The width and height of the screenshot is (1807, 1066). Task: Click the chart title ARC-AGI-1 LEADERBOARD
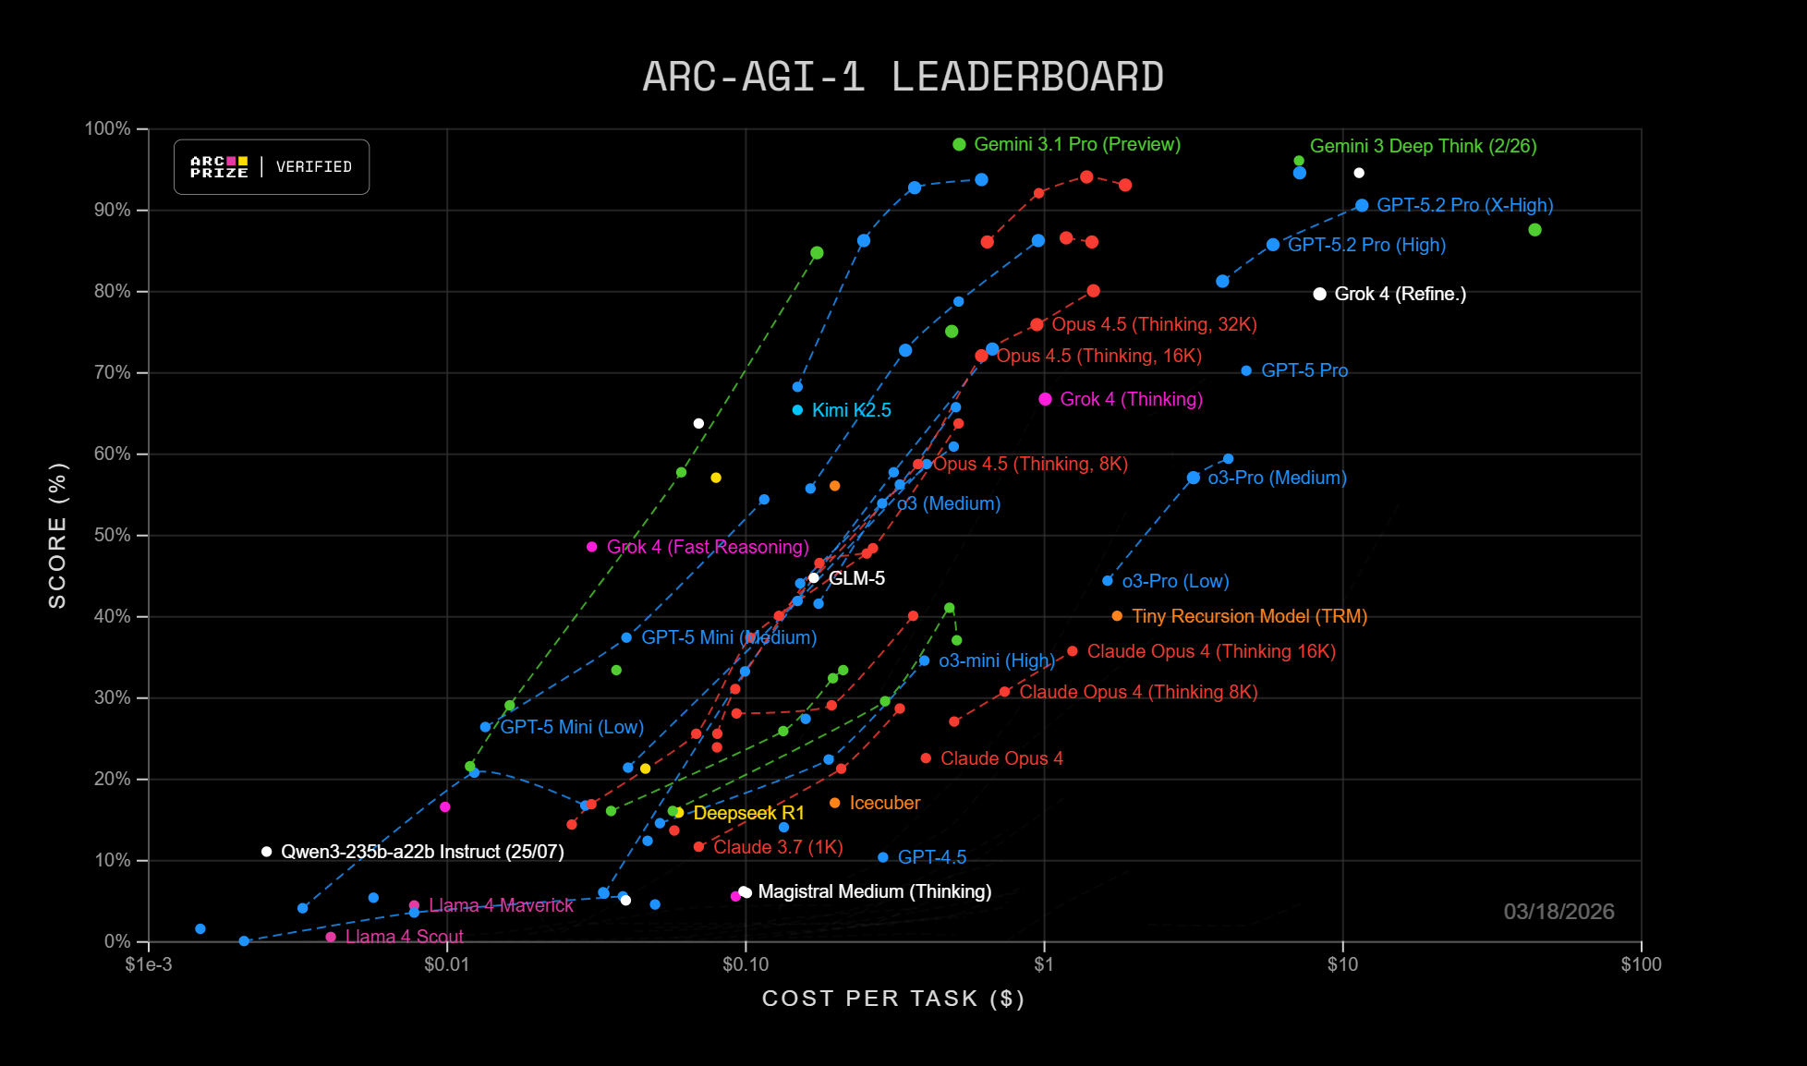tap(903, 77)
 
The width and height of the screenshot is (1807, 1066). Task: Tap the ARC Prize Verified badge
tap(272, 167)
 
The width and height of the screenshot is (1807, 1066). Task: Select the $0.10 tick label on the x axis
tap(745, 965)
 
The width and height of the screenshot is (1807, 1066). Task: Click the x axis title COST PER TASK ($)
tap(892, 999)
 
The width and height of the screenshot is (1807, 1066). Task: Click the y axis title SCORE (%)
tap(57, 536)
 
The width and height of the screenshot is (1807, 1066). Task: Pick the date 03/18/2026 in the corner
tap(1558, 912)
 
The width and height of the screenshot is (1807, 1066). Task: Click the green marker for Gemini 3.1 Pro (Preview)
tap(959, 144)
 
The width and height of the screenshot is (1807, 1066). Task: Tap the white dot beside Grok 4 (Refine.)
tap(1319, 294)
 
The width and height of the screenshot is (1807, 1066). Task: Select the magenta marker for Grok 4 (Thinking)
tap(1045, 399)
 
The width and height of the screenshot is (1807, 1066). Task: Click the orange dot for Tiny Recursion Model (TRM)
tap(1117, 616)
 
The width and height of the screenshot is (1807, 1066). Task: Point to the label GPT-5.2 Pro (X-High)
tap(1464, 205)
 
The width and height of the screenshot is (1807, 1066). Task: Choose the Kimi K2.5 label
tap(851, 410)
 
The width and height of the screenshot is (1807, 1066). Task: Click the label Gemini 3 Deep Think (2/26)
tap(1423, 146)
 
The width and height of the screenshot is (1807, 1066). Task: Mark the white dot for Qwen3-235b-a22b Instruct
tap(266, 852)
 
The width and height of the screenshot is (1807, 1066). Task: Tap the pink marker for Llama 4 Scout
tap(331, 937)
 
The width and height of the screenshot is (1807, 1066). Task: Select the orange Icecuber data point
tap(835, 803)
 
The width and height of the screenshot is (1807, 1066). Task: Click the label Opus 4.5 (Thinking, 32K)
tap(1154, 324)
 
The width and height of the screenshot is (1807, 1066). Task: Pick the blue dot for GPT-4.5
tap(883, 857)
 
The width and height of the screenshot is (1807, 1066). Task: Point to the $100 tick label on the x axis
tap(1641, 965)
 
